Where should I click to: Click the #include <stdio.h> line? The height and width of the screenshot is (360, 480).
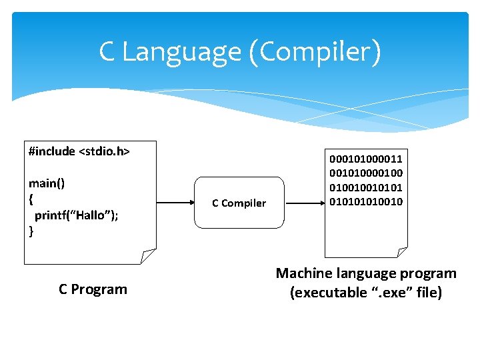click(79, 151)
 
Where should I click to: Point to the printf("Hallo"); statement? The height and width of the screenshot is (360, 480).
click(77, 215)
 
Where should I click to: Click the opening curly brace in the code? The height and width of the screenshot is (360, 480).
click(31, 199)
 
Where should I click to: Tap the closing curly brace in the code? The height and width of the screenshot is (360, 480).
click(31, 231)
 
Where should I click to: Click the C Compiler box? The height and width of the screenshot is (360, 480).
click(239, 203)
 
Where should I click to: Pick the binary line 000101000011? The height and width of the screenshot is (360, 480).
click(365, 159)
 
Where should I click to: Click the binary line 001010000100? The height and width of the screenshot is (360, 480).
click(365, 173)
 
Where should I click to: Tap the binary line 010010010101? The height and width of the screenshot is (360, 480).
click(365, 187)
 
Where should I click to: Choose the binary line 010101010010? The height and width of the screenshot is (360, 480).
click(365, 201)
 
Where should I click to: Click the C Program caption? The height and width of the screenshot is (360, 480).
click(93, 289)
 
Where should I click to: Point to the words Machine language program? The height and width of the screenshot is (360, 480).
click(366, 273)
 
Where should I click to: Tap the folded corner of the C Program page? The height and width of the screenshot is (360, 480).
click(148, 256)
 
